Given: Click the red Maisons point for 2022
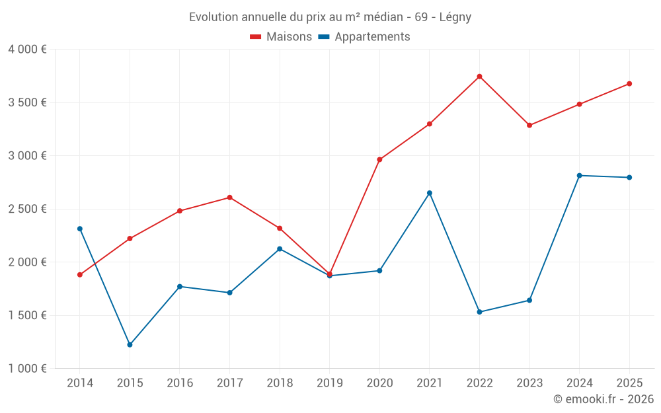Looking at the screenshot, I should pyautogui.click(x=479, y=77).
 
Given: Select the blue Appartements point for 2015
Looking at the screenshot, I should pyautogui.click(x=130, y=345).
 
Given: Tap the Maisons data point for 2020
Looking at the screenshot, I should pyautogui.click(x=379, y=159).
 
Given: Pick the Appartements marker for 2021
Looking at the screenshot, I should pyautogui.click(x=430, y=193).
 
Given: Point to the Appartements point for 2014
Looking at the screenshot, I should pyautogui.click(x=80, y=229).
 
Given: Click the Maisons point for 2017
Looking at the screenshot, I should pyautogui.click(x=229, y=198).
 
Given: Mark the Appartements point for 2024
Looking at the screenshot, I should pyautogui.click(x=580, y=175).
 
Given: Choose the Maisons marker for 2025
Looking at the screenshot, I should pyautogui.click(x=629, y=84).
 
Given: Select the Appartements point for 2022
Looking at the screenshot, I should pyautogui.click(x=479, y=312).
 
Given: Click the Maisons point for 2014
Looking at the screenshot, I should pyautogui.click(x=80, y=274).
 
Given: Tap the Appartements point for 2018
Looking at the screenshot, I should pyautogui.click(x=280, y=248).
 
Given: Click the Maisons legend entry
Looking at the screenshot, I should pyautogui.click(x=281, y=37).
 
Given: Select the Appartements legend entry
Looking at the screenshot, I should pyautogui.click(x=364, y=37).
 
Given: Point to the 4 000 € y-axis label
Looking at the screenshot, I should pyautogui.click(x=27, y=50).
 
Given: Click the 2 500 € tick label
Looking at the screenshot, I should pyautogui.click(x=27, y=209).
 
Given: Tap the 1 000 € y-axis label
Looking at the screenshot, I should pyautogui.click(x=27, y=369).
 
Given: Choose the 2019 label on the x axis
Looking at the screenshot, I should pyautogui.click(x=329, y=383).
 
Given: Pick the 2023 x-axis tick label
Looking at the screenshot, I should pyautogui.click(x=529, y=383).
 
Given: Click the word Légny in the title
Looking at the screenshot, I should pyautogui.click(x=455, y=17).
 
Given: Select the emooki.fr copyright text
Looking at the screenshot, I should pyautogui.click(x=603, y=399).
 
